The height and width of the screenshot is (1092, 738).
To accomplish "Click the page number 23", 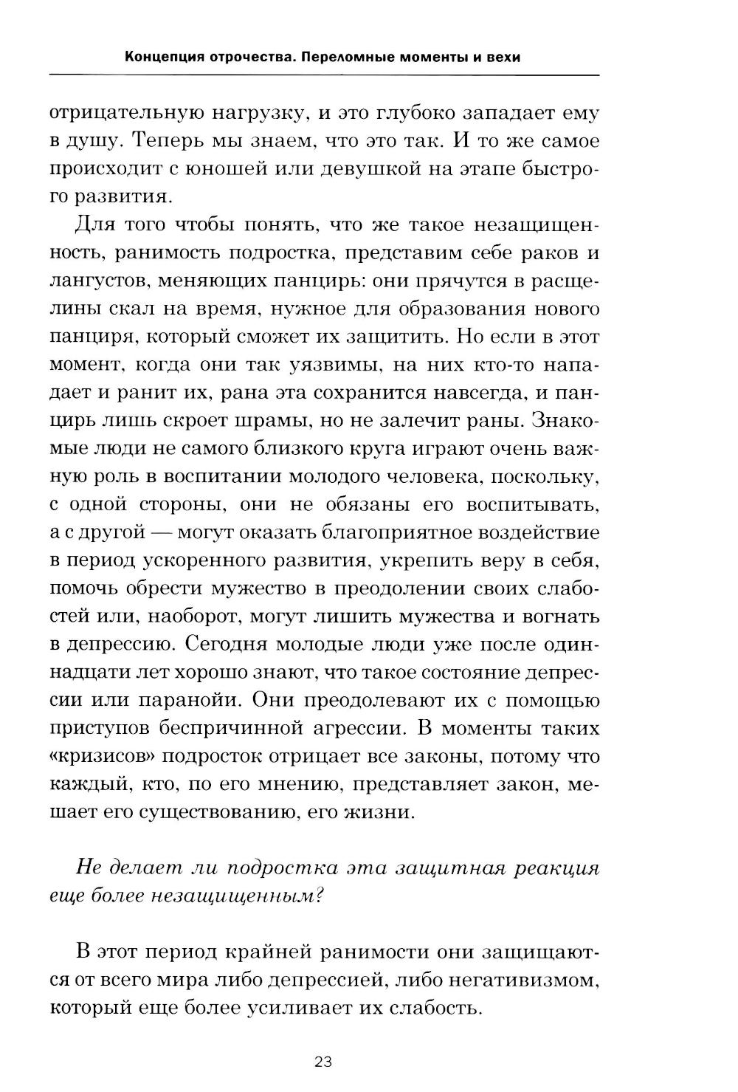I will click(x=323, y=1062).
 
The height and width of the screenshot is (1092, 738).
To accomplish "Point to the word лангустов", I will click(x=97, y=281).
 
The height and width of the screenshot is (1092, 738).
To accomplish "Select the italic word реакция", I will click(x=552, y=868).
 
